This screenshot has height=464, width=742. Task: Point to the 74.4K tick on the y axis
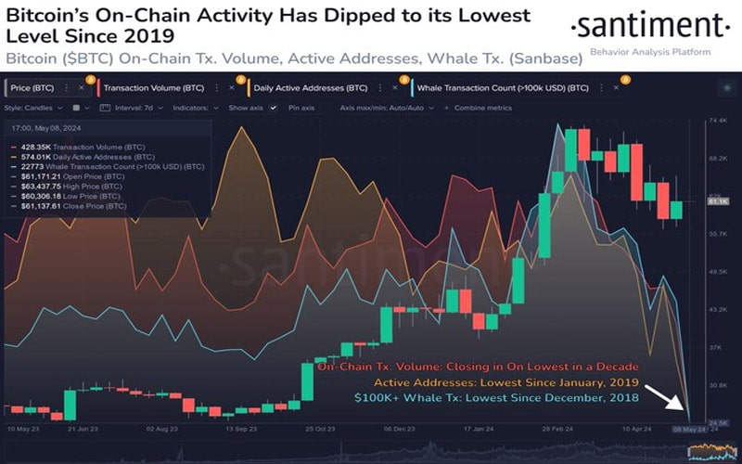click(x=716, y=121)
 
